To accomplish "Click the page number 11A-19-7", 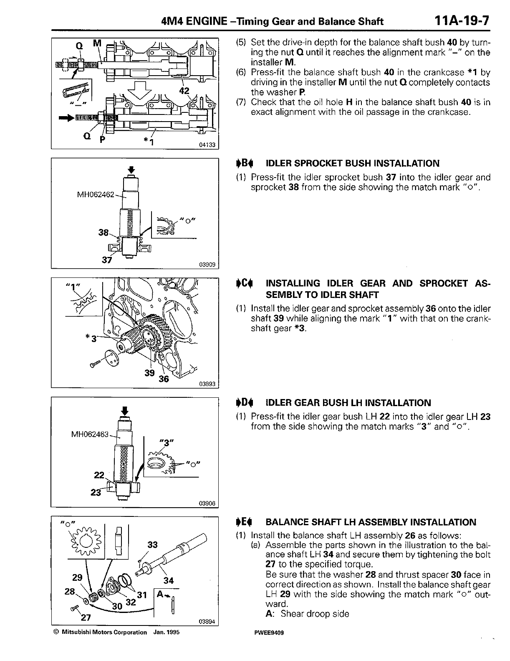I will pos(461,21).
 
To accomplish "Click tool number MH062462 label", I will pos(96,195).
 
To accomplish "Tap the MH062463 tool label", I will pos(90,435).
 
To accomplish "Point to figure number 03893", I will pos(207,384).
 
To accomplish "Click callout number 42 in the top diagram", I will pos(184,91).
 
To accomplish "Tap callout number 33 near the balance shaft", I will pos(153,544).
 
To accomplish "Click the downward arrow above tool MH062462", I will pos(131,169).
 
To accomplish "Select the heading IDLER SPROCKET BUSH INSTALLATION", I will pos(352,163).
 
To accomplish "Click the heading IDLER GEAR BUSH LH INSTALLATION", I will pos(348,403).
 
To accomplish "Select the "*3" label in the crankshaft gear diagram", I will pos(91,338).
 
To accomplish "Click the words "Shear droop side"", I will pos(315,614).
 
